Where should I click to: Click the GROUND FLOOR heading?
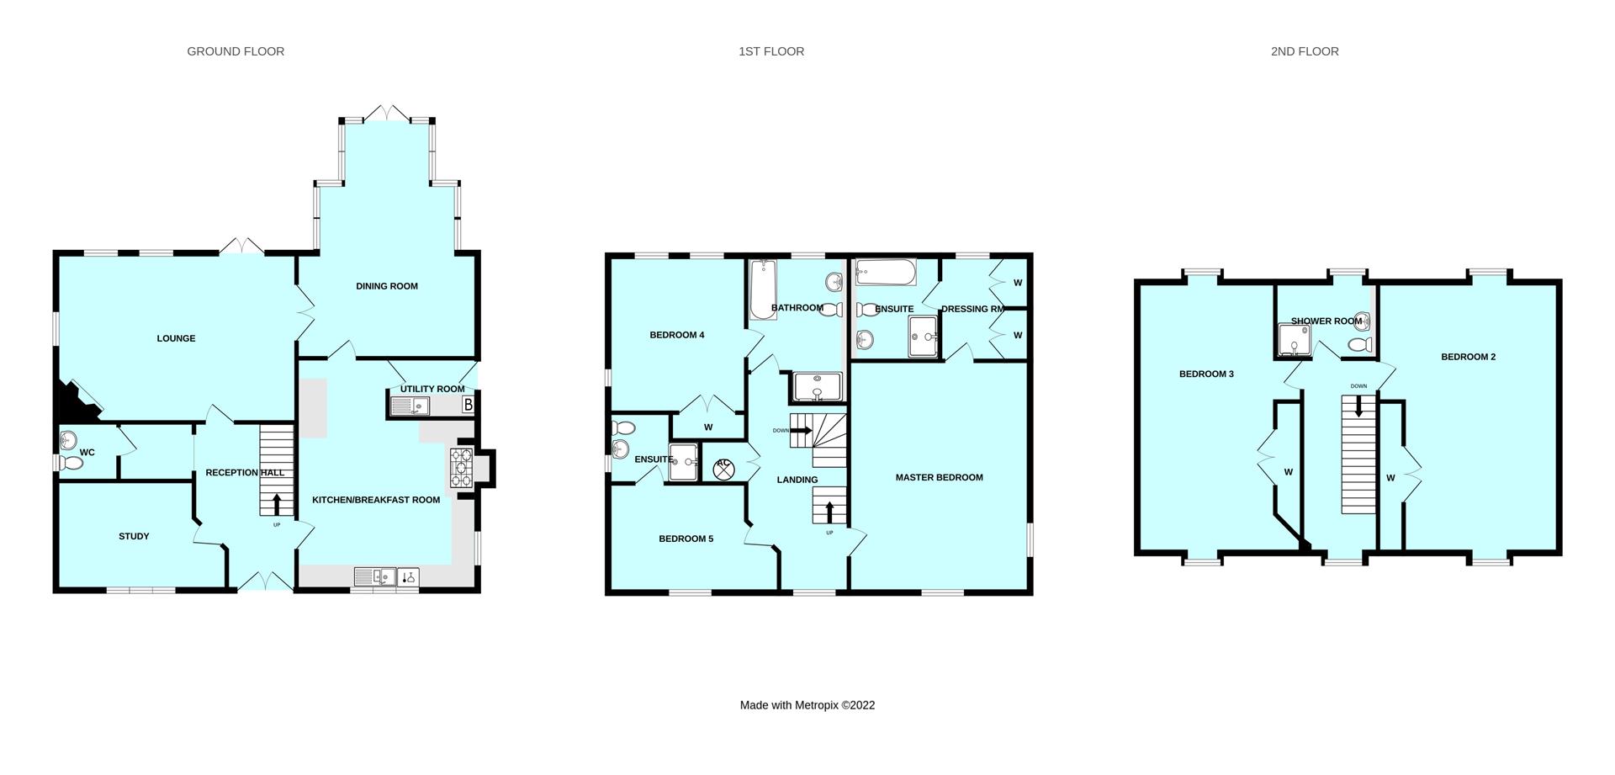tap(236, 51)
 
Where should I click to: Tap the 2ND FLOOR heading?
tap(1304, 51)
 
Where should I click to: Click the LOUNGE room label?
tap(176, 338)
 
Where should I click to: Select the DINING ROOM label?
tap(386, 286)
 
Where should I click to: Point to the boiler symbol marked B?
tap(468, 406)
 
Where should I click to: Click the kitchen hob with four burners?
tap(462, 468)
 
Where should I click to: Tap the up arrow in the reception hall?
tap(277, 504)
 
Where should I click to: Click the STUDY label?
tap(134, 536)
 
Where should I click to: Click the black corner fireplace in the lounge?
tap(74, 404)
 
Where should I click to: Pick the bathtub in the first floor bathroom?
tap(762, 289)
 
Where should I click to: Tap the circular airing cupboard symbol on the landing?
tap(723, 469)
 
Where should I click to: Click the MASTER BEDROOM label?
tap(939, 477)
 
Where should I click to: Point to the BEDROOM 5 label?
tap(686, 539)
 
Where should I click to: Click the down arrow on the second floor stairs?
tap(1358, 406)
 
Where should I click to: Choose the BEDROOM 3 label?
tap(1205, 374)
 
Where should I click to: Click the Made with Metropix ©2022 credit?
tap(807, 705)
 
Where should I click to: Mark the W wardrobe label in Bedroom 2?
tap(1390, 478)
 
